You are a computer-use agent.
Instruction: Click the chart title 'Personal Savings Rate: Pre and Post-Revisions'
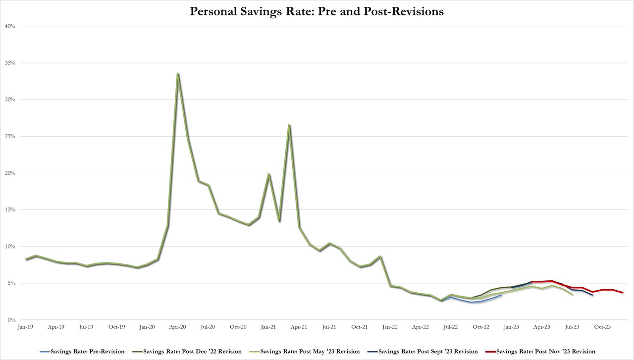tap(317, 11)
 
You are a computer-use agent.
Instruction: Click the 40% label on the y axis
tap(11, 26)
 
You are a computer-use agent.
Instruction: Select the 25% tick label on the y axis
tap(11, 137)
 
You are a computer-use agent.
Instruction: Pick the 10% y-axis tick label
tap(11, 247)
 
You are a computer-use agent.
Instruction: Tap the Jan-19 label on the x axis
tap(25, 327)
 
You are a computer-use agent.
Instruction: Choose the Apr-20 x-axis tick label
tap(178, 327)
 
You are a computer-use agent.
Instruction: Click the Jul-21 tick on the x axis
tap(330, 327)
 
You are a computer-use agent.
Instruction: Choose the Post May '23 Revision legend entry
tap(308, 352)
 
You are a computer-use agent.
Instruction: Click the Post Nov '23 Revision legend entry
tap(542, 352)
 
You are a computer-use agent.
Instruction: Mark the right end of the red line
tap(623, 293)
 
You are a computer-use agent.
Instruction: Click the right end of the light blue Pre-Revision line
tap(501, 296)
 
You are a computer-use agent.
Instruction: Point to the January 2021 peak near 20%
tap(268, 174)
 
